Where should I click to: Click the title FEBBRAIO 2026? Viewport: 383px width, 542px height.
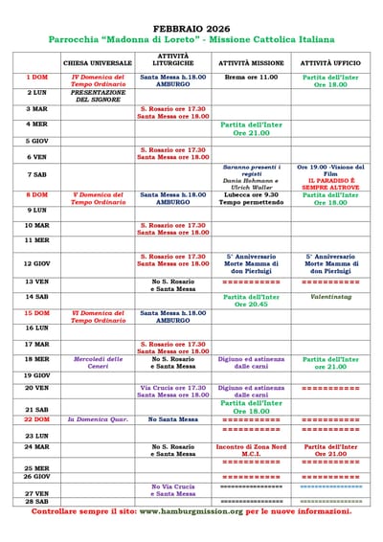click(191, 30)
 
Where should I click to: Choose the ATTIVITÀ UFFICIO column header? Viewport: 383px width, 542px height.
click(330, 62)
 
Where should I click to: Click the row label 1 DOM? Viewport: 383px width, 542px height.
click(37, 77)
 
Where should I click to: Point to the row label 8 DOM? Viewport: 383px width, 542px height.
click(37, 194)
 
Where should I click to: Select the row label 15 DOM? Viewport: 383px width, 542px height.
click(37, 312)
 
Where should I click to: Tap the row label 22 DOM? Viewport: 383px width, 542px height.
click(37, 419)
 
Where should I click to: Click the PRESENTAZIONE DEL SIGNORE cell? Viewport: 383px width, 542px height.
click(98, 96)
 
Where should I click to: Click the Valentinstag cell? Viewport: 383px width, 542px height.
click(330, 297)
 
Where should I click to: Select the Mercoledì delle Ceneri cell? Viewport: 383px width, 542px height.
click(98, 362)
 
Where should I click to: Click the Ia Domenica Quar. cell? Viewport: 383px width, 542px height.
click(98, 419)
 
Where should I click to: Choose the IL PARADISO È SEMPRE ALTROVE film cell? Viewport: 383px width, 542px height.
click(330, 179)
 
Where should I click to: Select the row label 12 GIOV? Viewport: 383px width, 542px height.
click(37, 263)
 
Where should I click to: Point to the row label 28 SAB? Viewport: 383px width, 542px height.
click(37, 501)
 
